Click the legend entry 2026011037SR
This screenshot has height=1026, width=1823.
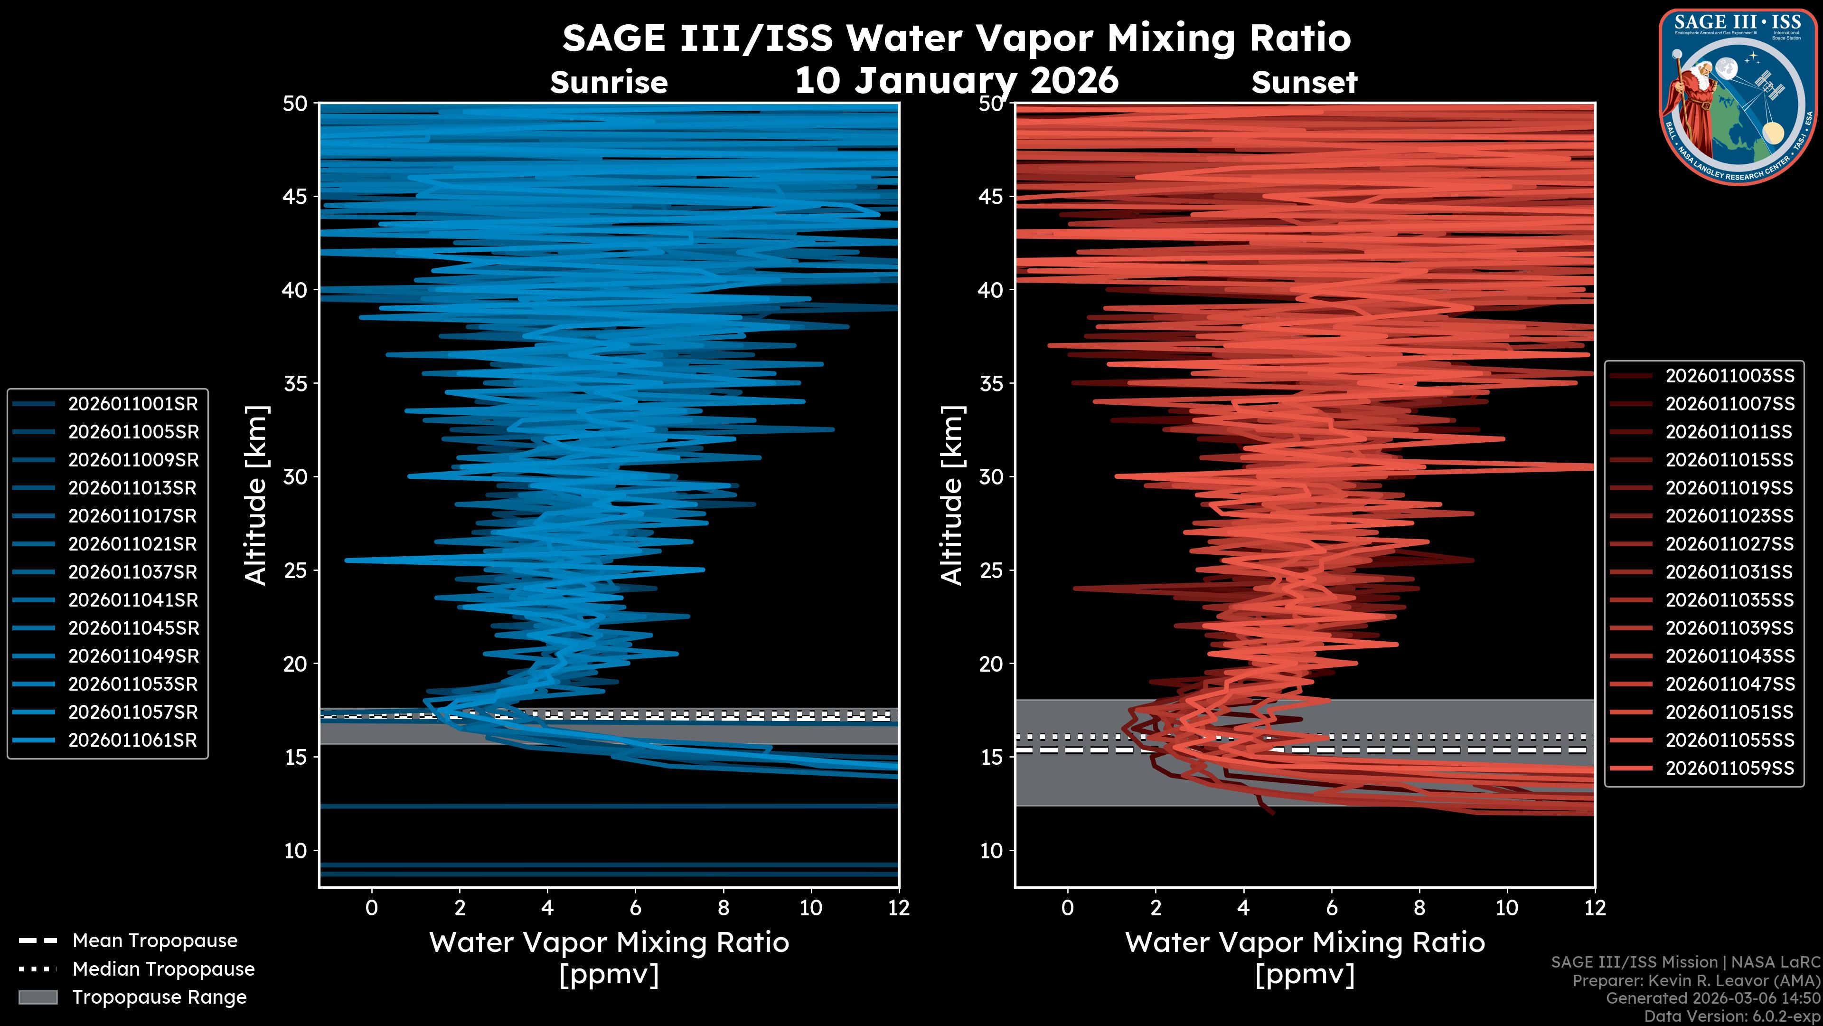(133, 572)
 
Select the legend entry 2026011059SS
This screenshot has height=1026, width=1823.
(1729, 768)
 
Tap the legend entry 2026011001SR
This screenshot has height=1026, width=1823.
(133, 404)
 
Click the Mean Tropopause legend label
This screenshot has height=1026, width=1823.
(155, 940)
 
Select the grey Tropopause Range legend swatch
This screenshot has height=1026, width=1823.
(38, 997)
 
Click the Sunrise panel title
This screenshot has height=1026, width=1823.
(609, 83)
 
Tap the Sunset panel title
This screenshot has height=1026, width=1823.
(1304, 83)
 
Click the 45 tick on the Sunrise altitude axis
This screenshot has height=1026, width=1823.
(296, 196)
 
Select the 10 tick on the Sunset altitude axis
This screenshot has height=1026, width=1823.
(991, 850)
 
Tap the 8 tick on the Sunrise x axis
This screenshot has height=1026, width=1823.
(723, 908)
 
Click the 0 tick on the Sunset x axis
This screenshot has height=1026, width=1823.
(1068, 908)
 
